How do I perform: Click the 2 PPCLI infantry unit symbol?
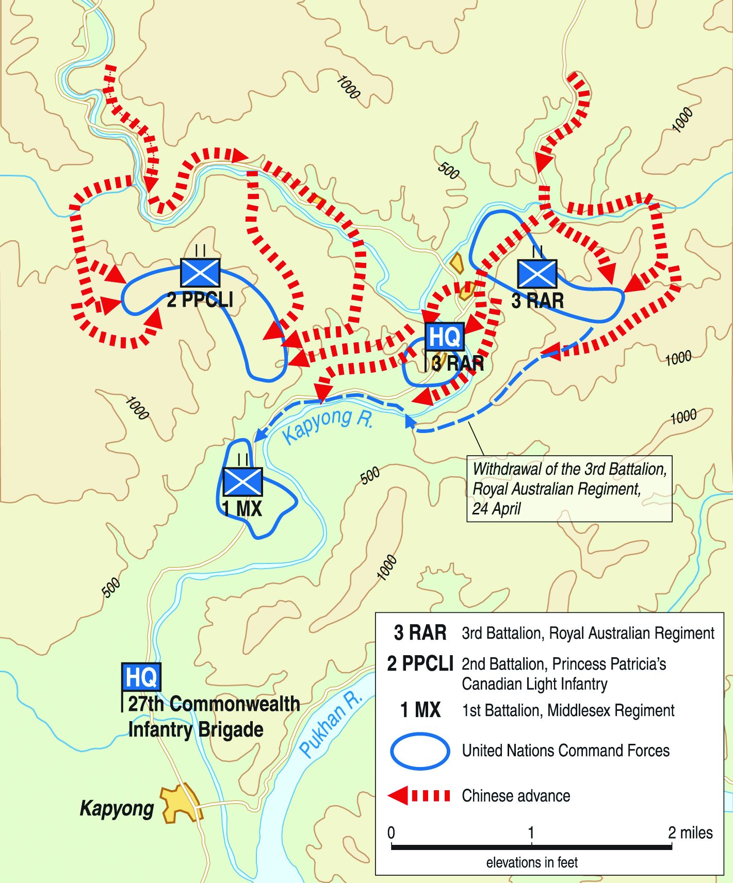(200, 273)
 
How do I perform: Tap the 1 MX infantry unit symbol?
(242, 481)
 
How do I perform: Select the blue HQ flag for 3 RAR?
(444, 337)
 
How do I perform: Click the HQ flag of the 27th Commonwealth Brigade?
(141, 677)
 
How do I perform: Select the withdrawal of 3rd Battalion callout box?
(569, 489)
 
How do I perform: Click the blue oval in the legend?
(420, 751)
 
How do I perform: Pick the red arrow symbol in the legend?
(418, 795)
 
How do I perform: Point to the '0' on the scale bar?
(392, 832)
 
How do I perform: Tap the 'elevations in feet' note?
(532, 862)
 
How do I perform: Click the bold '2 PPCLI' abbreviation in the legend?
(420, 664)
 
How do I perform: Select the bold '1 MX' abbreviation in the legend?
(420, 710)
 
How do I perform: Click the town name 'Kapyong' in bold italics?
(117, 808)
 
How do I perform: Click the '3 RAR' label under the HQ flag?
(458, 363)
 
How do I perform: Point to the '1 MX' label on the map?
(242, 509)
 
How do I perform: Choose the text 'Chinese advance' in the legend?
(516, 795)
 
